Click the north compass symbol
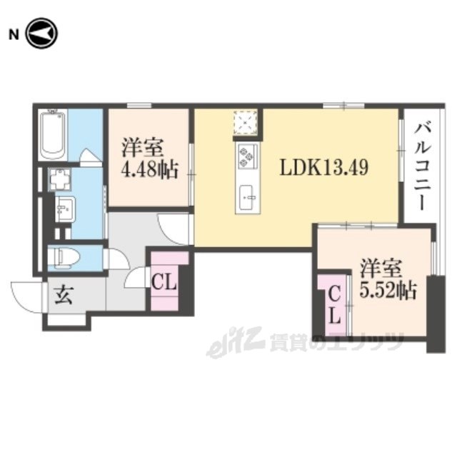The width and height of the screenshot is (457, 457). click(x=41, y=34)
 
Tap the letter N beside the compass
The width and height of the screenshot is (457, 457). click(x=14, y=35)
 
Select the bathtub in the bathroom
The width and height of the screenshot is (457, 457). click(x=52, y=135)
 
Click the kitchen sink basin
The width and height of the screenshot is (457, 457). click(x=246, y=197)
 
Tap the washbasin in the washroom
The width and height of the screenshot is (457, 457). click(x=66, y=209)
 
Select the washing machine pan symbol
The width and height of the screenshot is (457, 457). click(x=60, y=179)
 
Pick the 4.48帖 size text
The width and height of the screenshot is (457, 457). click(x=149, y=170)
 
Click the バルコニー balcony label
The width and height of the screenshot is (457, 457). click(x=422, y=166)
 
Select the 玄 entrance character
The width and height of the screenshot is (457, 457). click(x=64, y=295)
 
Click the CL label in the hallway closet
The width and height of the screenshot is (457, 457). click(x=164, y=283)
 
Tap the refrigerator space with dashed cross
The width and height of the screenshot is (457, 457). click(x=245, y=122)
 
